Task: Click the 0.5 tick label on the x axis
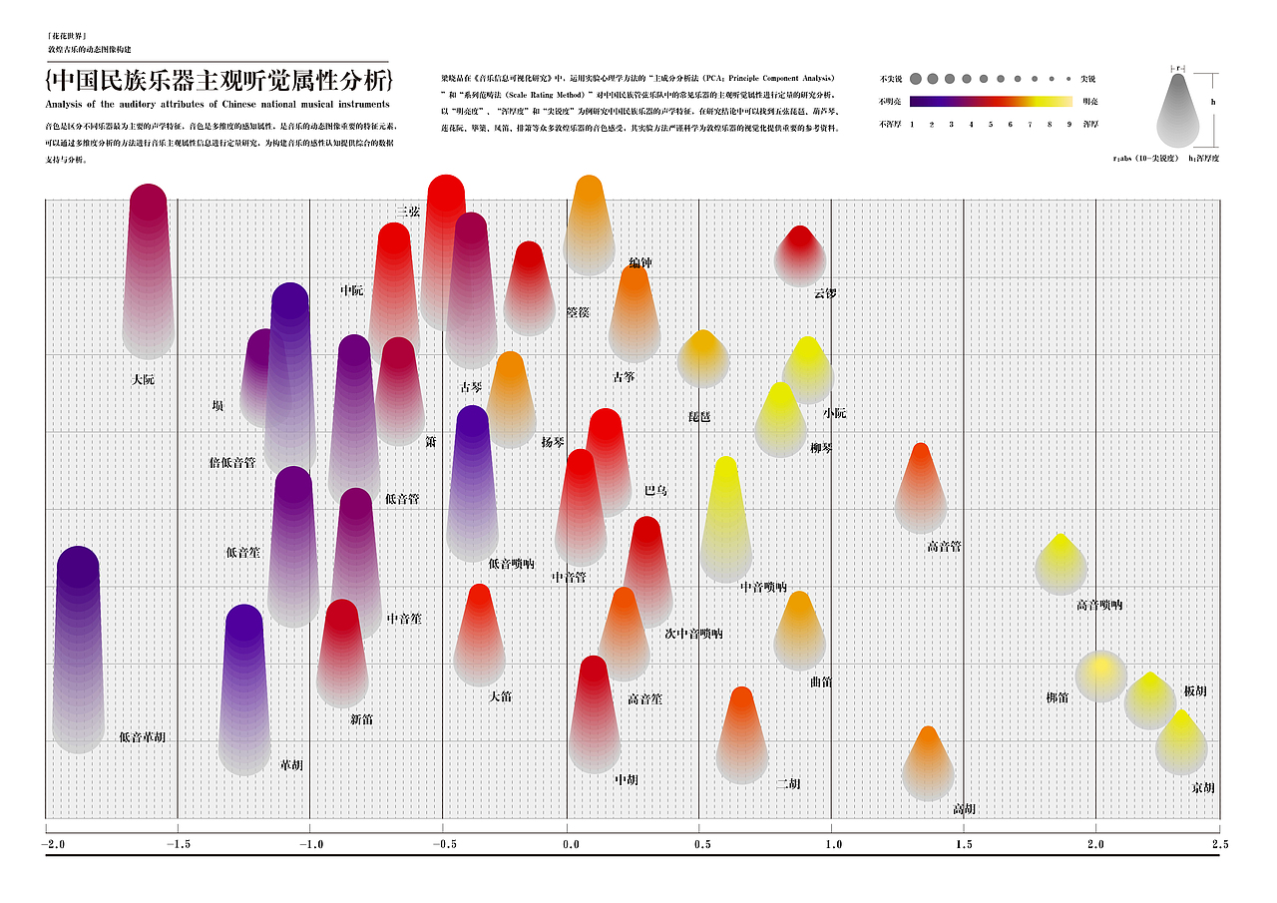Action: coord(703,844)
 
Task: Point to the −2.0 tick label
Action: coord(53,844)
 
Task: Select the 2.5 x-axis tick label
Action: coord(1219,844)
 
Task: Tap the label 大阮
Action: coord(143,380)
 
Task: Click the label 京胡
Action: coord(1203,787)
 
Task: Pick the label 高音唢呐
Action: coord(1099,605)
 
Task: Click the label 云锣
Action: coord(824,293)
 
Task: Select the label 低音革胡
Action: coord(142,737)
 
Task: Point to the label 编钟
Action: coord(640,263)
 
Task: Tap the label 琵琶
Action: coord(699,416)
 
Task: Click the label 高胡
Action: coord(964,808)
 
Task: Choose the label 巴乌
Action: coord(655,491)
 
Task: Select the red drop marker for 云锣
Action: coord(799,256)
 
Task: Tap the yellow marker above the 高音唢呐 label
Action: coord(1061,565)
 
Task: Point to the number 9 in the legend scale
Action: coord(1068,125)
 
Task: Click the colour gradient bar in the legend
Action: coord(991,101)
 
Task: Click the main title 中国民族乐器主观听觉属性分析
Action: coord(219,81)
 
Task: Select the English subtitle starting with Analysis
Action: coord(217,104)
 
